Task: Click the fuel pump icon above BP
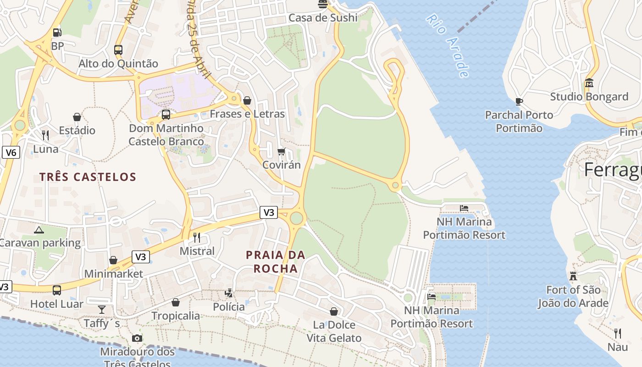[x=57, y=33]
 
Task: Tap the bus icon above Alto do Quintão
[x=118, y=50]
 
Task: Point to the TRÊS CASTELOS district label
[x=88, y=177]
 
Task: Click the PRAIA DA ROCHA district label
[x=276, y=261]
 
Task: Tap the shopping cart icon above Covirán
[x=281, y=151]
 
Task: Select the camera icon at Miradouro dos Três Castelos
[x=137, y=339]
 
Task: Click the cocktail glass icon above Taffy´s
[x=102, y=310]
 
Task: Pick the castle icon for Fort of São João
[x=573, y=276]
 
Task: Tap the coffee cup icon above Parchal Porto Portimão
[x=519, y=101]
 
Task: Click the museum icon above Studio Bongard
[x=589, y=83]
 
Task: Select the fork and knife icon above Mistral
[x=197, y=237]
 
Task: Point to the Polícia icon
[x=228, y=293]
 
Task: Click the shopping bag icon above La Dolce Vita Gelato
[x=334, y=311]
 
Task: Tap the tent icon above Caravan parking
[x=39, y=229]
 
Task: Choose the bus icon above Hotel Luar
[x=57, y=290]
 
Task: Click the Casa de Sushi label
[x=323, y=18]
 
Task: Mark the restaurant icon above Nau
[x=618, y=334]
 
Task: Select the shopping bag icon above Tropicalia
[x=176, y=302]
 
